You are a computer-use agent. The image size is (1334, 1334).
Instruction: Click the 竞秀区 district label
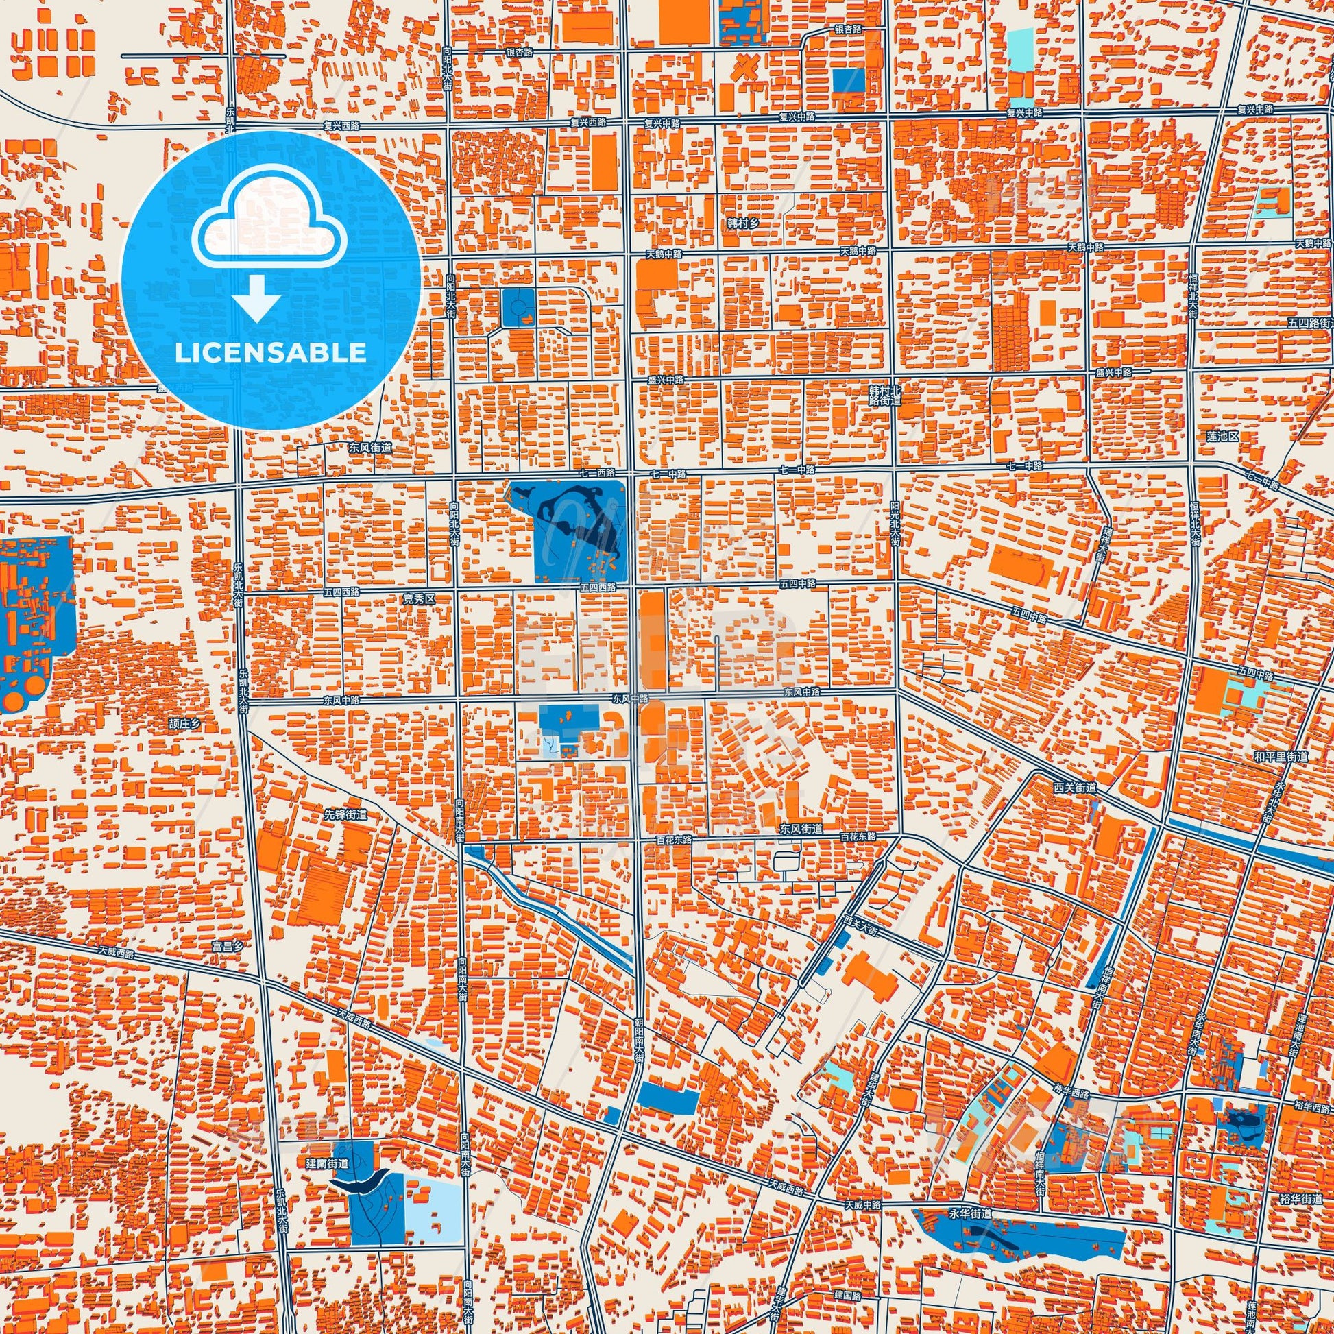pos(419,600)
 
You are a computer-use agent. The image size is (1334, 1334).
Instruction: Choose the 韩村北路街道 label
pos(886,395)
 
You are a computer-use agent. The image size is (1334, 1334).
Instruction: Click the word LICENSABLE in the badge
pos(271,353)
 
